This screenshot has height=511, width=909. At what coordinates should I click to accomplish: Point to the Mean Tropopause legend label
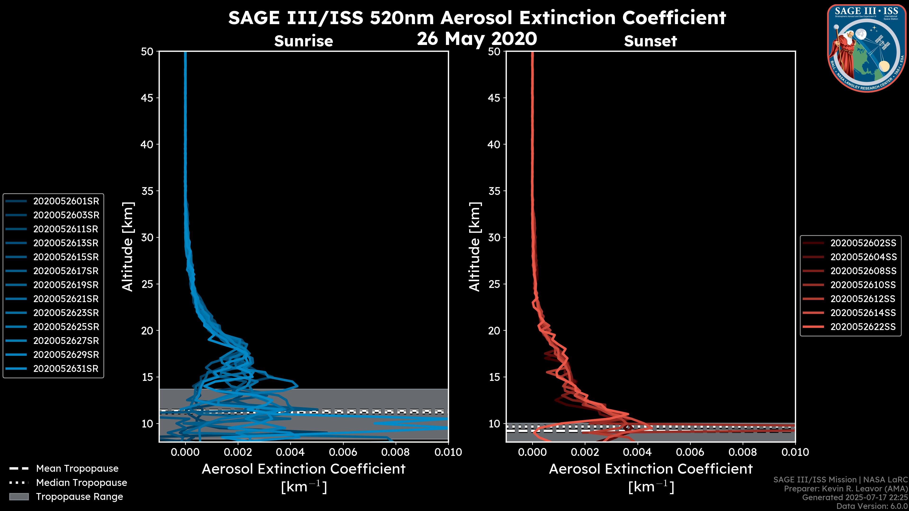click(77, 468)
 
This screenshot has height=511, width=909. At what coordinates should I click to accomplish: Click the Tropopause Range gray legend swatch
click(19, 497)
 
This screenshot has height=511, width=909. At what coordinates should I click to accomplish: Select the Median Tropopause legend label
click(81, 482)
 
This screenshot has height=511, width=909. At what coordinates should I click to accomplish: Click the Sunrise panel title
click(303, 41)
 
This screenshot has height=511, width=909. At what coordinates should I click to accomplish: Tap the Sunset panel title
click(650, 41)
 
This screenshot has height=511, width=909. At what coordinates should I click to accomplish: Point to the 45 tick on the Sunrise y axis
click(147, 98)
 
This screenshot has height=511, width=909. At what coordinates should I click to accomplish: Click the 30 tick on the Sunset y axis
click(494, 237)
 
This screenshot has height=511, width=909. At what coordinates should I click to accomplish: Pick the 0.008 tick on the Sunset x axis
click(743, 452)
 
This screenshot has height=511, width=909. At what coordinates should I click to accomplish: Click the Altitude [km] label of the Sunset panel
click(475, 247)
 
